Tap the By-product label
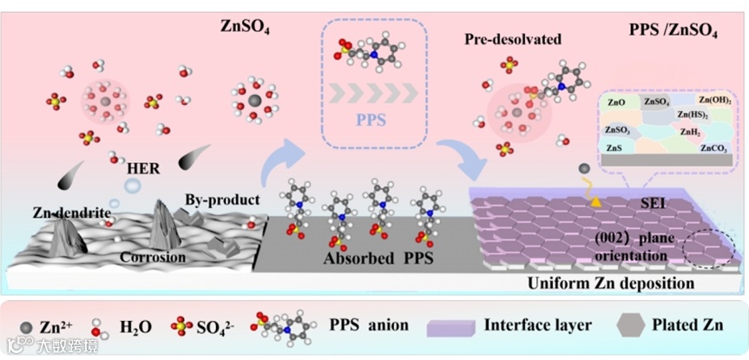[x=221, y=200]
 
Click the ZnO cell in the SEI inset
[x=617, y=102]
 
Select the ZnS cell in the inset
[x=614, y=148]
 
